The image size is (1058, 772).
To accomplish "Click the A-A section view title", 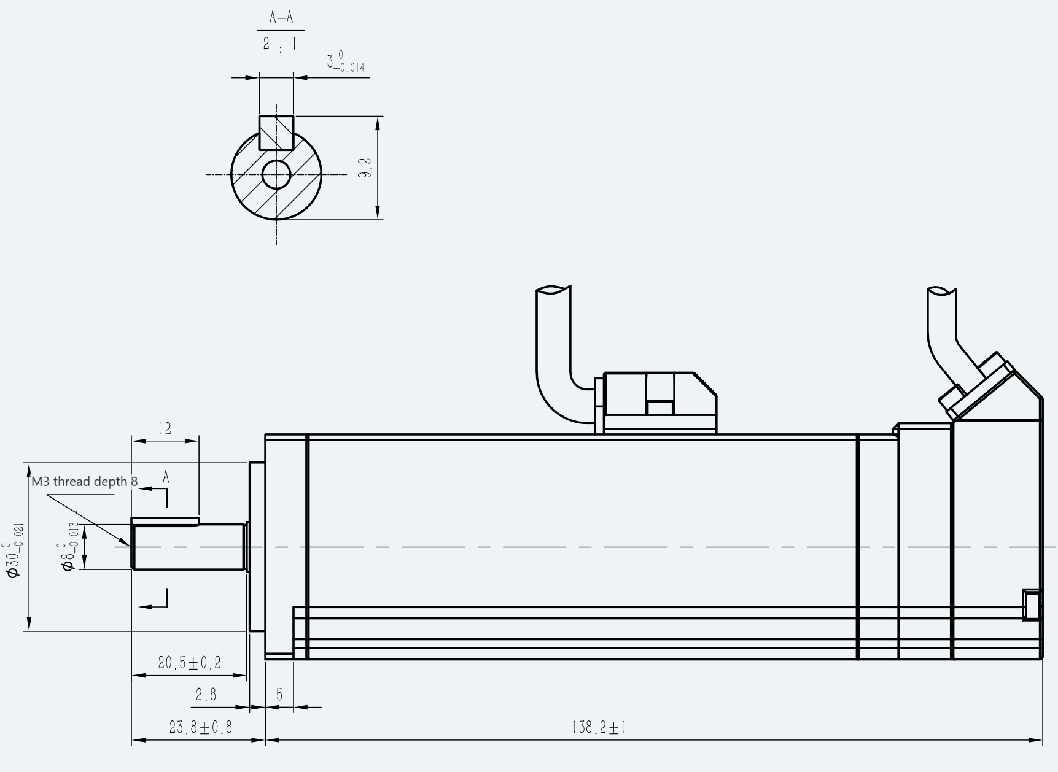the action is click(281, 18).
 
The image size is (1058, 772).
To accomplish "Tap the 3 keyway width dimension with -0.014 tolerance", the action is click(346, 63).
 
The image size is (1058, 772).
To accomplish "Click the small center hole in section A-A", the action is click(276, 174).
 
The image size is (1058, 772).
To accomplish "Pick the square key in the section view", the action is click(276, 133).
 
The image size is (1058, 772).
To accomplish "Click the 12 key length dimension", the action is click(165, 428).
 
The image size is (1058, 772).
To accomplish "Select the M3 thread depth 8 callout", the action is click(85, 482).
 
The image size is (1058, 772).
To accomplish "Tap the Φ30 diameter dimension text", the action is click(15, 550).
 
